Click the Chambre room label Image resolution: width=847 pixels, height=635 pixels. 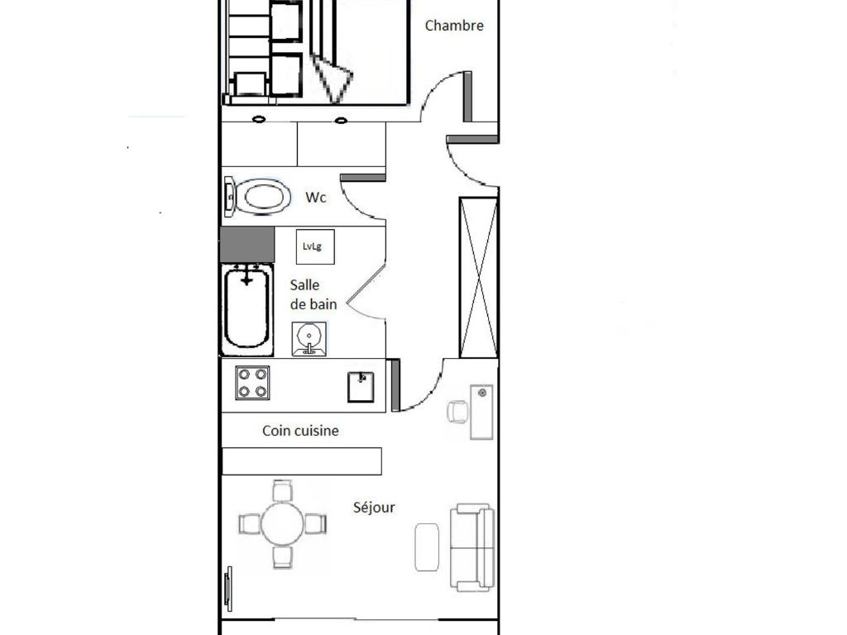454,26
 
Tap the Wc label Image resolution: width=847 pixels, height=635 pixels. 315,197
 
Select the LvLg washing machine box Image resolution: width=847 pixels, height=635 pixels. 315,246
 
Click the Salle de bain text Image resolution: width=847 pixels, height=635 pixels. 313,294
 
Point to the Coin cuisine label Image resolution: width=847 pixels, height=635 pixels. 300,430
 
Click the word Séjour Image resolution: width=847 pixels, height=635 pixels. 374,507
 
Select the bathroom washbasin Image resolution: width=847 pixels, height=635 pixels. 309,338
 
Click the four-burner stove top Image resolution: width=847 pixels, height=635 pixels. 252,383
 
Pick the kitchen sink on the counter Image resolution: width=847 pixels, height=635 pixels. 361,387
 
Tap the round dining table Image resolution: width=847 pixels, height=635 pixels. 282,523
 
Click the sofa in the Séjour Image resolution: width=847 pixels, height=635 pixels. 472,547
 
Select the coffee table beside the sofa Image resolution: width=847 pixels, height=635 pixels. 427,547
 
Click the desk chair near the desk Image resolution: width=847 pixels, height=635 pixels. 458,412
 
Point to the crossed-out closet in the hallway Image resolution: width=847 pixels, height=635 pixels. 479,278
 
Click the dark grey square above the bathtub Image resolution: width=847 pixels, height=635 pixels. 246,245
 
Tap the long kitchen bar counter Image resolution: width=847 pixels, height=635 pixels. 302,461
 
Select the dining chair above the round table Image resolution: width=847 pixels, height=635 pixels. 282,490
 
